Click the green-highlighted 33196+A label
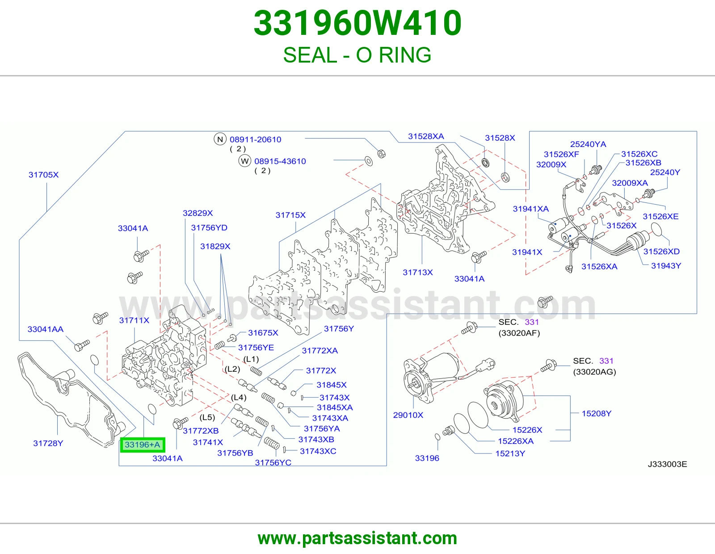[143, 445]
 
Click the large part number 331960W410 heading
[357, 23]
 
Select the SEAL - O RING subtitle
[357, 55]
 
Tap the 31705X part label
[43, 175]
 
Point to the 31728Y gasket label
[48, 443]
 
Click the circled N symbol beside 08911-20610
[220, 139]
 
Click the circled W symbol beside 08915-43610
[244, 161]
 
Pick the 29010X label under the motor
[408, 415]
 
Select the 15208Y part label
[597, 413]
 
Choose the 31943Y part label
[666, 265]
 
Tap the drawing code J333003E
[667, 464]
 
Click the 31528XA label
[426, 136]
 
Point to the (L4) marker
[239, 398]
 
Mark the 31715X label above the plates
[290, 215]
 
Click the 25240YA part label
[588, 144]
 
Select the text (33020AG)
[594, 372]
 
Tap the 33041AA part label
[46, 329]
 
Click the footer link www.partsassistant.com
[357, 538]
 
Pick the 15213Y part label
[510, 453]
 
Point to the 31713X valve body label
[418, 272]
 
